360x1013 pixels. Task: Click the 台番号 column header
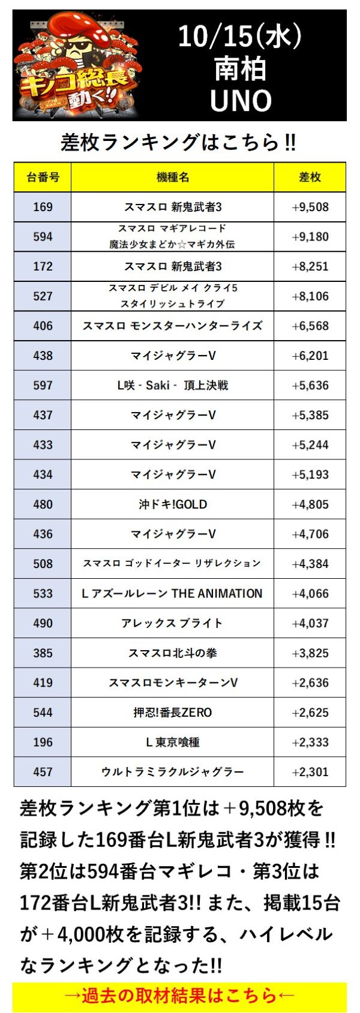[x=43, y=177]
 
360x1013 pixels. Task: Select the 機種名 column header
[x=173, y=177]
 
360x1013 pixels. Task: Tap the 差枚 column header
[x=310, y=177]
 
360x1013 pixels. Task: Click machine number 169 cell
[x=43, y=207]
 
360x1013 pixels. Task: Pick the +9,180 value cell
[x=310, y=236]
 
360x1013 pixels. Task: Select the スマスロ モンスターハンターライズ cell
[x=173, y=326]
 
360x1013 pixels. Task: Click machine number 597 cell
[x=43, y=385]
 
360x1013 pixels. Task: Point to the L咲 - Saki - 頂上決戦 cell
[x=173, y=385]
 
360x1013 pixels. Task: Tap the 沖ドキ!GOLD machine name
[x=173, y=504]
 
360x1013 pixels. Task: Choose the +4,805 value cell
[x=310, y=504]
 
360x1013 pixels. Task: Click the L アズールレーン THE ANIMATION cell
[x=173, y=593]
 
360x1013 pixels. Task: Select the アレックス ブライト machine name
[x=173, y=623]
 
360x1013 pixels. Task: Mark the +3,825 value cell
[x=310, y=653]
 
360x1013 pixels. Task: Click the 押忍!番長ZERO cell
[x=173, y=713]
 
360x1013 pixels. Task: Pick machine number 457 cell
[x=43, y=772]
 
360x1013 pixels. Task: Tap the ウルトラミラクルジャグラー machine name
[x=173, y=772]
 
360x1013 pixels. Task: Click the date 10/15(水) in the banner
[x=240, y=37]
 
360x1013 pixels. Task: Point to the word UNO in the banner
[x=241, y=100]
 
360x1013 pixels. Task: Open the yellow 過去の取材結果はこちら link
[x=179, y=996]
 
